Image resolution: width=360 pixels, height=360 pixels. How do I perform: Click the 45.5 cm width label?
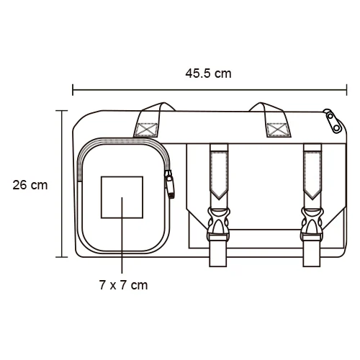208,73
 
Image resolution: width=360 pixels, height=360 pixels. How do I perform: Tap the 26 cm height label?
30,184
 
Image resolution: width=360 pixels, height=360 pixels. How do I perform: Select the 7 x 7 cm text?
123,285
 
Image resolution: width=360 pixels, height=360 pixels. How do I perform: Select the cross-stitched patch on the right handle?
277,130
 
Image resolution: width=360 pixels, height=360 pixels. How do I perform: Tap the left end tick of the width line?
73,90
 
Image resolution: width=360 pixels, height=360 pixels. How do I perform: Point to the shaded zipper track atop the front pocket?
122,141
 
